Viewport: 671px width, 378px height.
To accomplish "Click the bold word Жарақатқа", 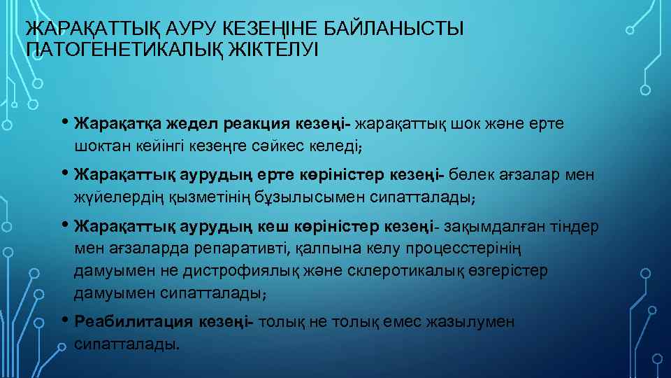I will coord(119,124).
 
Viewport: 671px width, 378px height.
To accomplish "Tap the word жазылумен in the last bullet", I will coord(476,322).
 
